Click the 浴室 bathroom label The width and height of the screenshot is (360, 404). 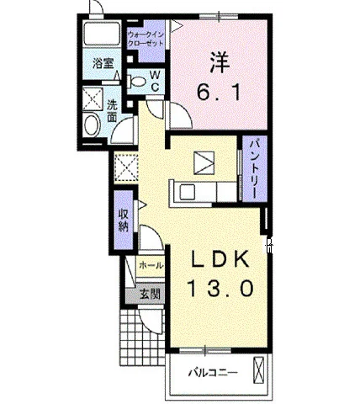tap(103, 63)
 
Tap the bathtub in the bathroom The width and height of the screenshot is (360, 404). tap(102, 34)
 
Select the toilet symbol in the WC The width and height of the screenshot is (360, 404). tap(137, 82)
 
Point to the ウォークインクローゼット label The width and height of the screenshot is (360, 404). tap(146, 39)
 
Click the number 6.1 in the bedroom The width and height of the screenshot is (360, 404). tap(219, 93)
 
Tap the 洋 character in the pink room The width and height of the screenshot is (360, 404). tap(219, 63)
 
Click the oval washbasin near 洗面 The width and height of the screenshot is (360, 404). tap(92, 126)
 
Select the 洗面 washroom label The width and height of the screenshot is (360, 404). tap(112, 111)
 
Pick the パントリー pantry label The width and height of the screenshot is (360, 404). tap(255, 168)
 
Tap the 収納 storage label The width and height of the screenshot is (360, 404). tap(124, 221)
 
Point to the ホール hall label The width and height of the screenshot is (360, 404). tap(151, 265)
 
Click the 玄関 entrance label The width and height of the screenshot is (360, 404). tap(150, 294)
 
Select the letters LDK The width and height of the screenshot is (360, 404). tap(220, 258)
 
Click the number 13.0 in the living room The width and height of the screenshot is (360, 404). tap(220, 289)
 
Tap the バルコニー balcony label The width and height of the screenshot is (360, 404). tap(213, 373)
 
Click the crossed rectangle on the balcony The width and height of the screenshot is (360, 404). tap(259, 370)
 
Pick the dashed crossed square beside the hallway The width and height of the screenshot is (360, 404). tap(126, 167)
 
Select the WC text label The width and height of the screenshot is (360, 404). tap(155, 81)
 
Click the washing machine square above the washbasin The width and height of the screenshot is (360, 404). tap(93, 98)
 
